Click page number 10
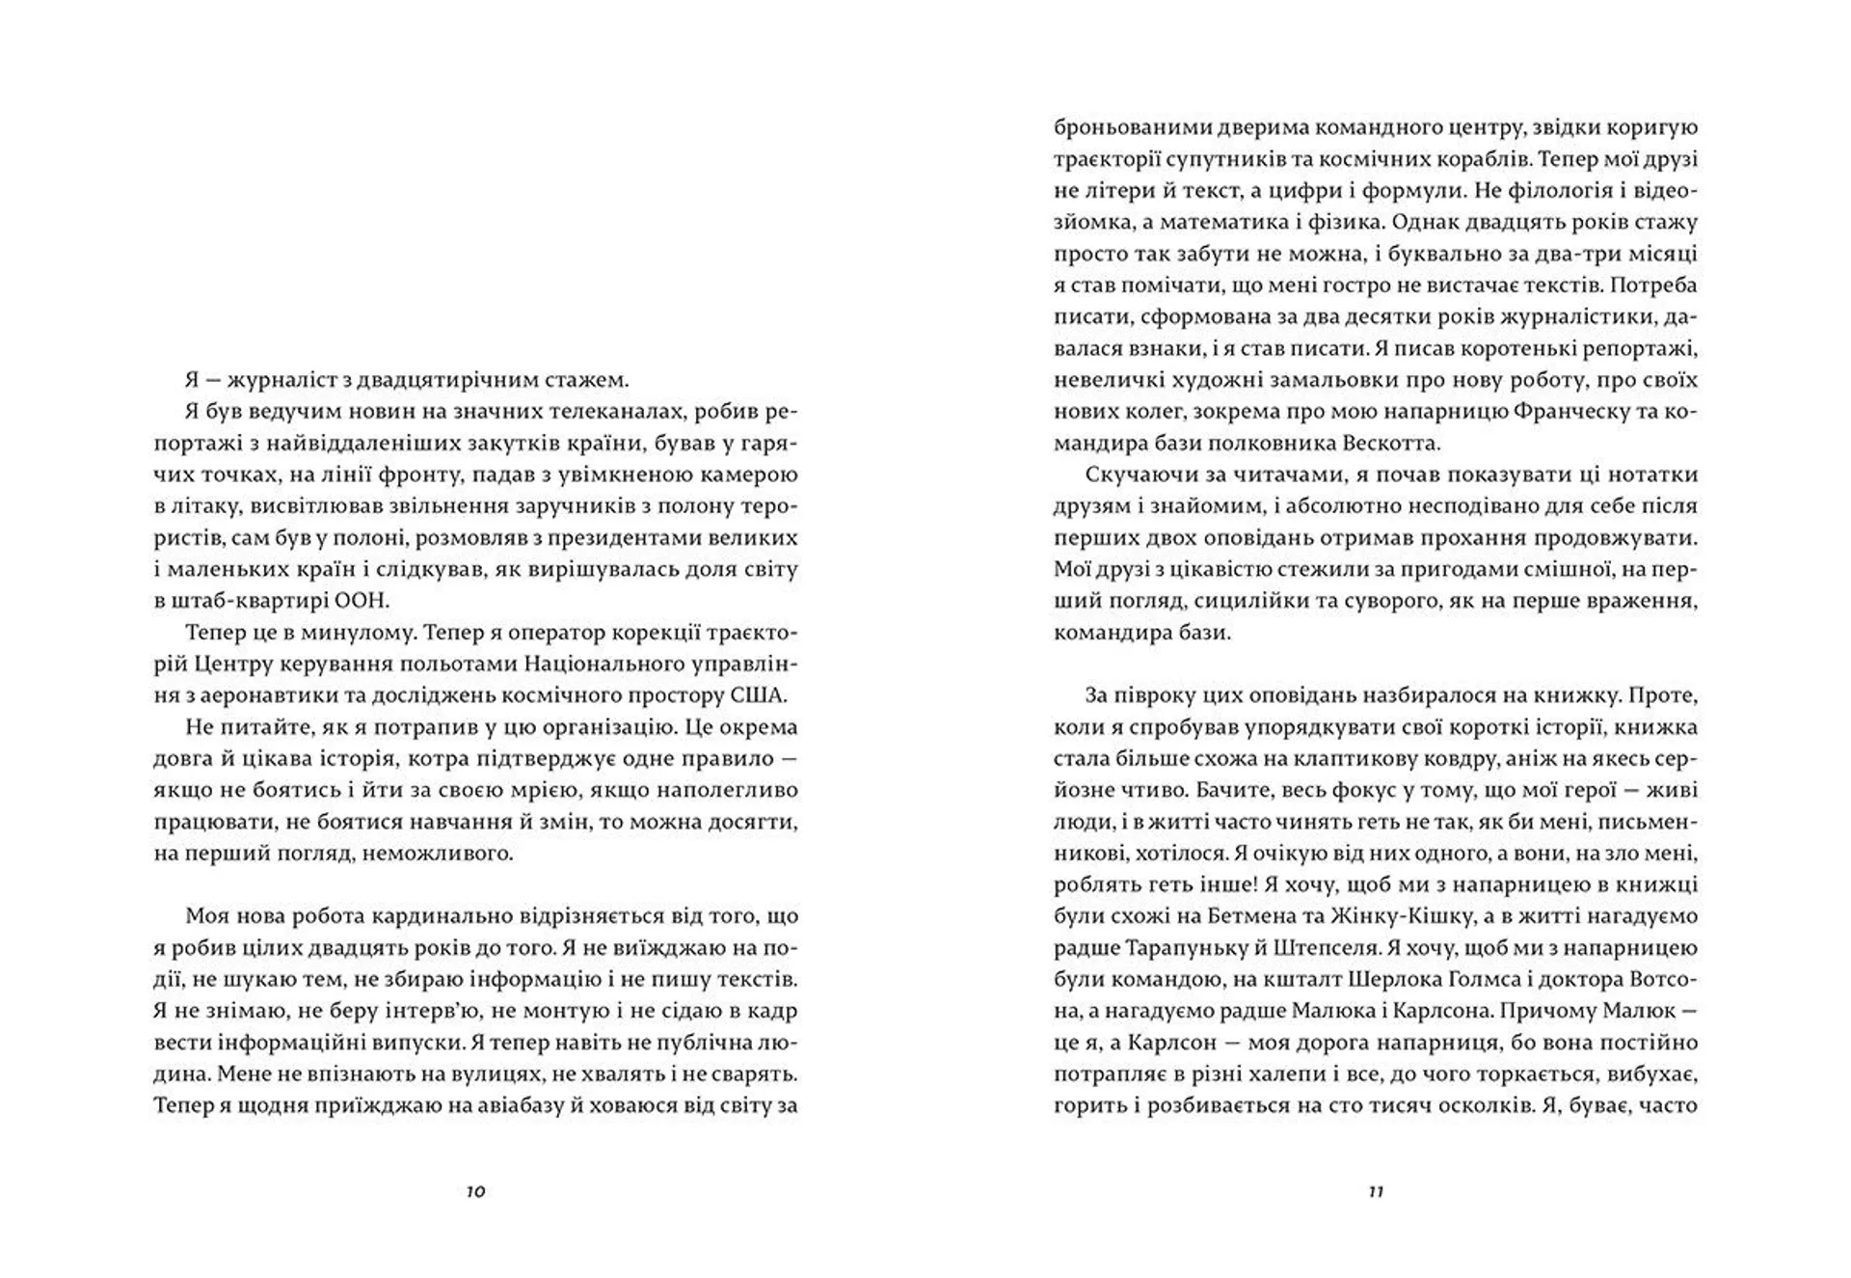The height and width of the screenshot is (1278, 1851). point(475,1191)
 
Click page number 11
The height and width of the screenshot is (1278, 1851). point(1376,1191)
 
